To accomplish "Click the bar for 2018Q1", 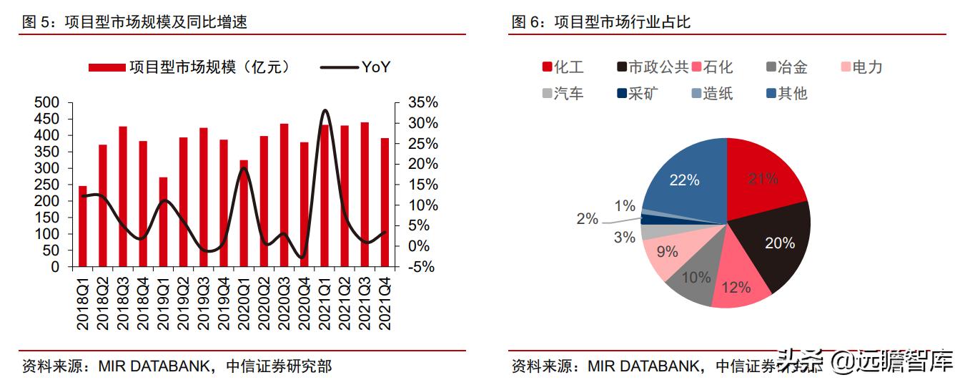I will [82, 226].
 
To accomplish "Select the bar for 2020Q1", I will [244, 213].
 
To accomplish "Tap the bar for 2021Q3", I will [365, 195].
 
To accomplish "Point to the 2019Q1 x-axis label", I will [163, 303].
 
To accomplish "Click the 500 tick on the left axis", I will [47, 103].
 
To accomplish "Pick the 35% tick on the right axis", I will [422, 103].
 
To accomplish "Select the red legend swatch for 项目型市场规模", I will [107, 67].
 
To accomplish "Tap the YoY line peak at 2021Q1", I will [325, 110].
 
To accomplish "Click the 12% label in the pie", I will [736, 288].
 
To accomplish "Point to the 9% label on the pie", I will [668, 252].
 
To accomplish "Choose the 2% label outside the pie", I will [587, 219].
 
